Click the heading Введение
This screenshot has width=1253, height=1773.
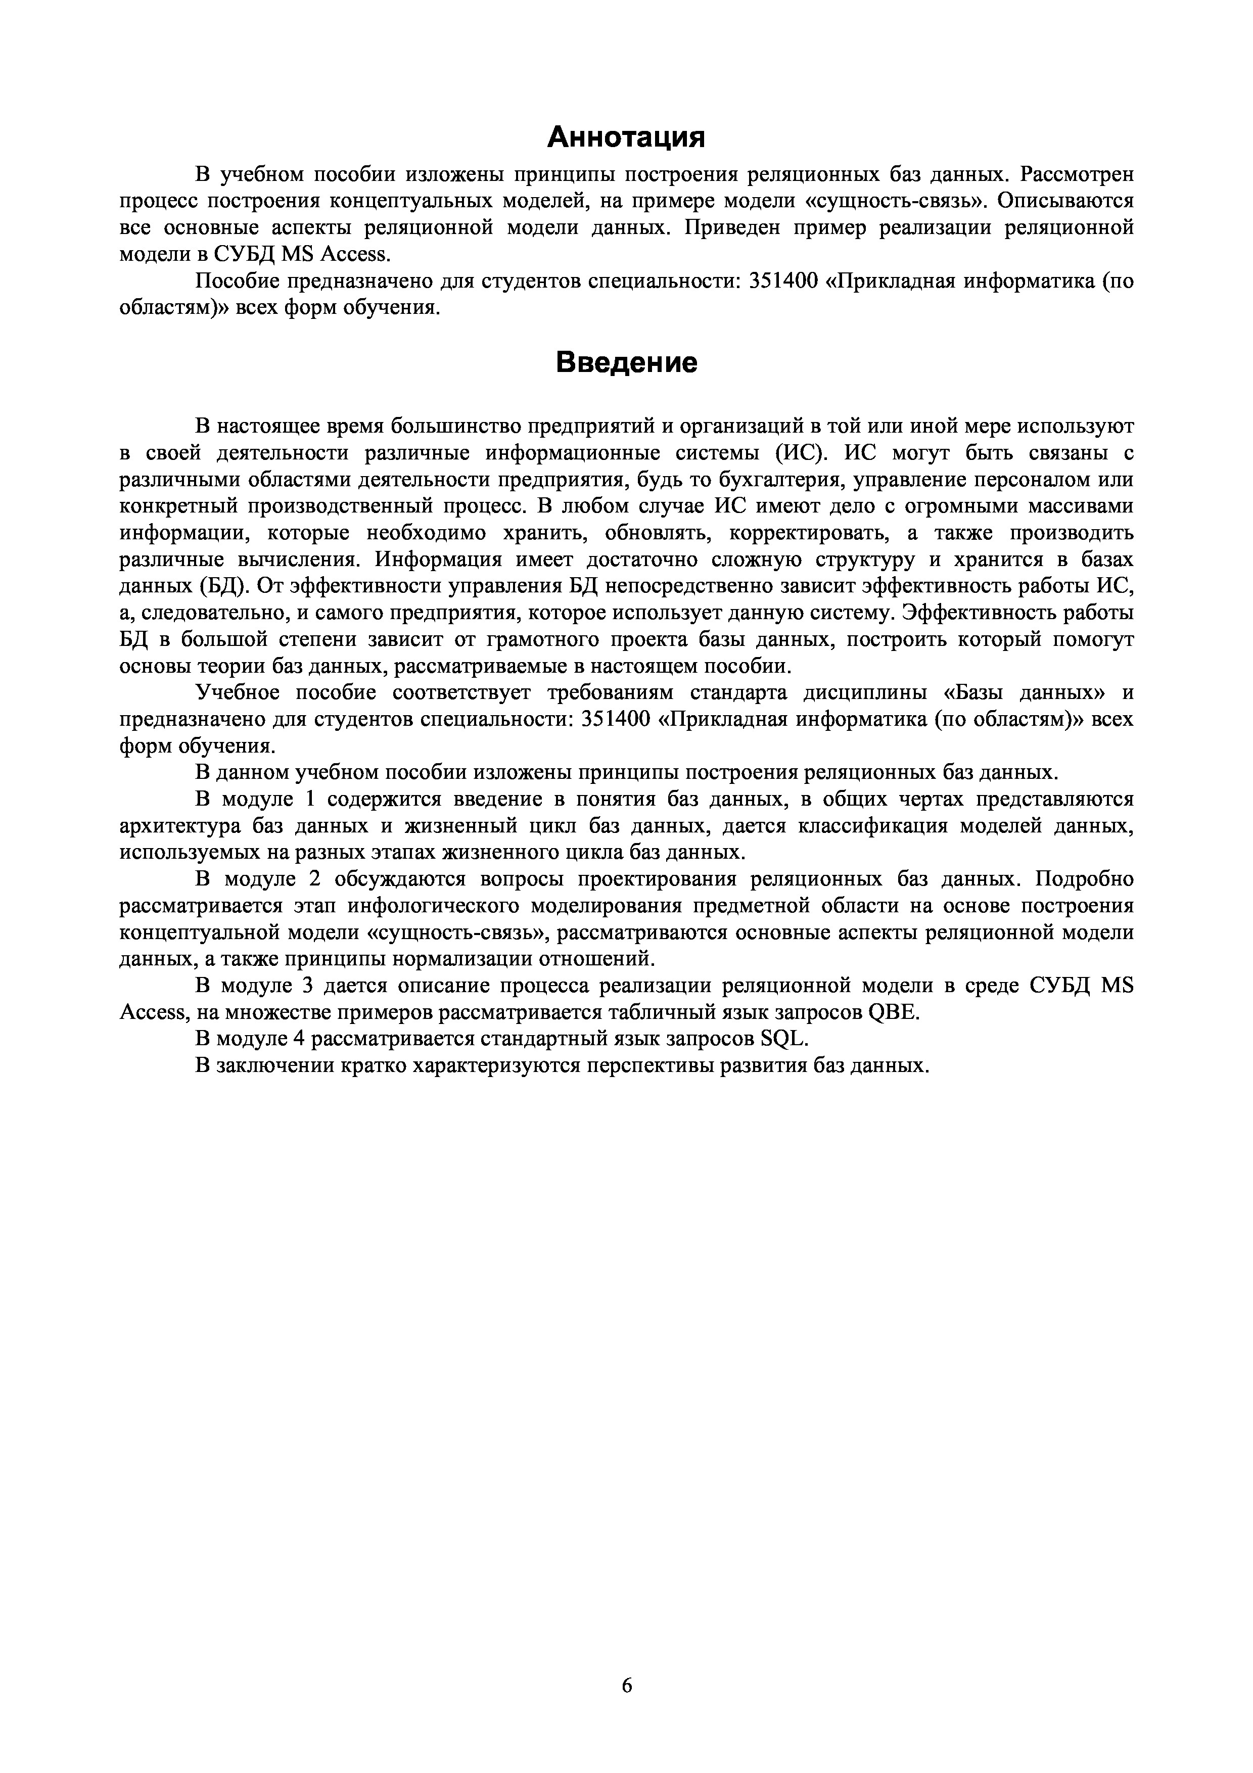coord(626,362)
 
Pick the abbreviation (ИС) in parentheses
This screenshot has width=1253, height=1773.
coord(801,452)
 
